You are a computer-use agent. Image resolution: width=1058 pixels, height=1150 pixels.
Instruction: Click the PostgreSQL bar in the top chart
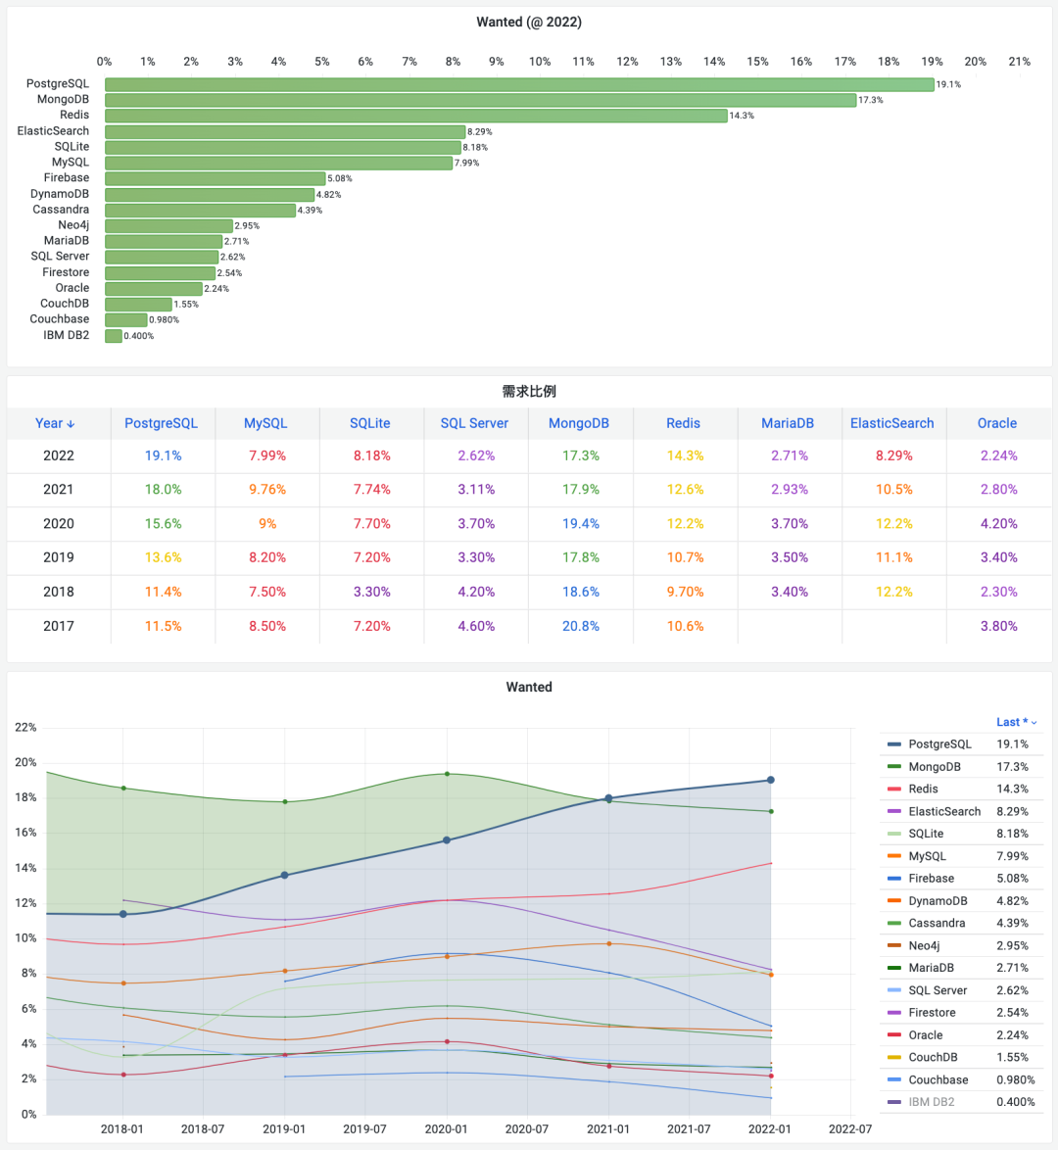click(519, 84)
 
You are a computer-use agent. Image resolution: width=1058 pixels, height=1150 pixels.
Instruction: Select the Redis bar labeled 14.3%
click(416, 116)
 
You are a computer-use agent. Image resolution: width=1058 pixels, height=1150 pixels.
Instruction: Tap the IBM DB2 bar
click(114, 336)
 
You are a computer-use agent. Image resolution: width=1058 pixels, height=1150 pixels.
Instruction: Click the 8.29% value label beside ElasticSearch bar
click(480, 131)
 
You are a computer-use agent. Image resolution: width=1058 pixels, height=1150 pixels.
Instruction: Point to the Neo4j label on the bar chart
click(73, 225)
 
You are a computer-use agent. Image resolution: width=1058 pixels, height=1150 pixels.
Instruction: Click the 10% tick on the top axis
click(540, 62)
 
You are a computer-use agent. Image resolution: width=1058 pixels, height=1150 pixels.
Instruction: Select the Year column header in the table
click(55, 423)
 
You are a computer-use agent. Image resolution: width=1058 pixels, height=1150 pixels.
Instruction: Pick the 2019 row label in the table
click(59, 557)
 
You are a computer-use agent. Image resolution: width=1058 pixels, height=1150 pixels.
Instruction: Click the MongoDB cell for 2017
click(581, 626)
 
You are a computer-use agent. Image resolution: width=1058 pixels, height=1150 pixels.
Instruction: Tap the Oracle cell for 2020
click(999, 524)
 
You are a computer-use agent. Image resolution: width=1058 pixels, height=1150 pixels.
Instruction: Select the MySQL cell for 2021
click(267, 490)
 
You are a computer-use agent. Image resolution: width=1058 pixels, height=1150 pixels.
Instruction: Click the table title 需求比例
click(529, 392)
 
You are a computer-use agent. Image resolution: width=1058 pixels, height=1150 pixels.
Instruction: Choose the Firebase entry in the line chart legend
click(931, 879)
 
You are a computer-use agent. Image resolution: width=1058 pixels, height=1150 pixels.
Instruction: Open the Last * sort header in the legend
click(1016, 722)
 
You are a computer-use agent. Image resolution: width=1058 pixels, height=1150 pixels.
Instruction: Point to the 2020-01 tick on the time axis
click(446, 1128)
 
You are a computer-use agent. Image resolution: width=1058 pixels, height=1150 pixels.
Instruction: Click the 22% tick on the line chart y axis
click(25, 728)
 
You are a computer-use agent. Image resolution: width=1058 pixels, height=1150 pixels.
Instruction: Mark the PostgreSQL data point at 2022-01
click(771, 780)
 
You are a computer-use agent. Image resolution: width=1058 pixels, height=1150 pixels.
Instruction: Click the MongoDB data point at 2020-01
click(447, 774)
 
